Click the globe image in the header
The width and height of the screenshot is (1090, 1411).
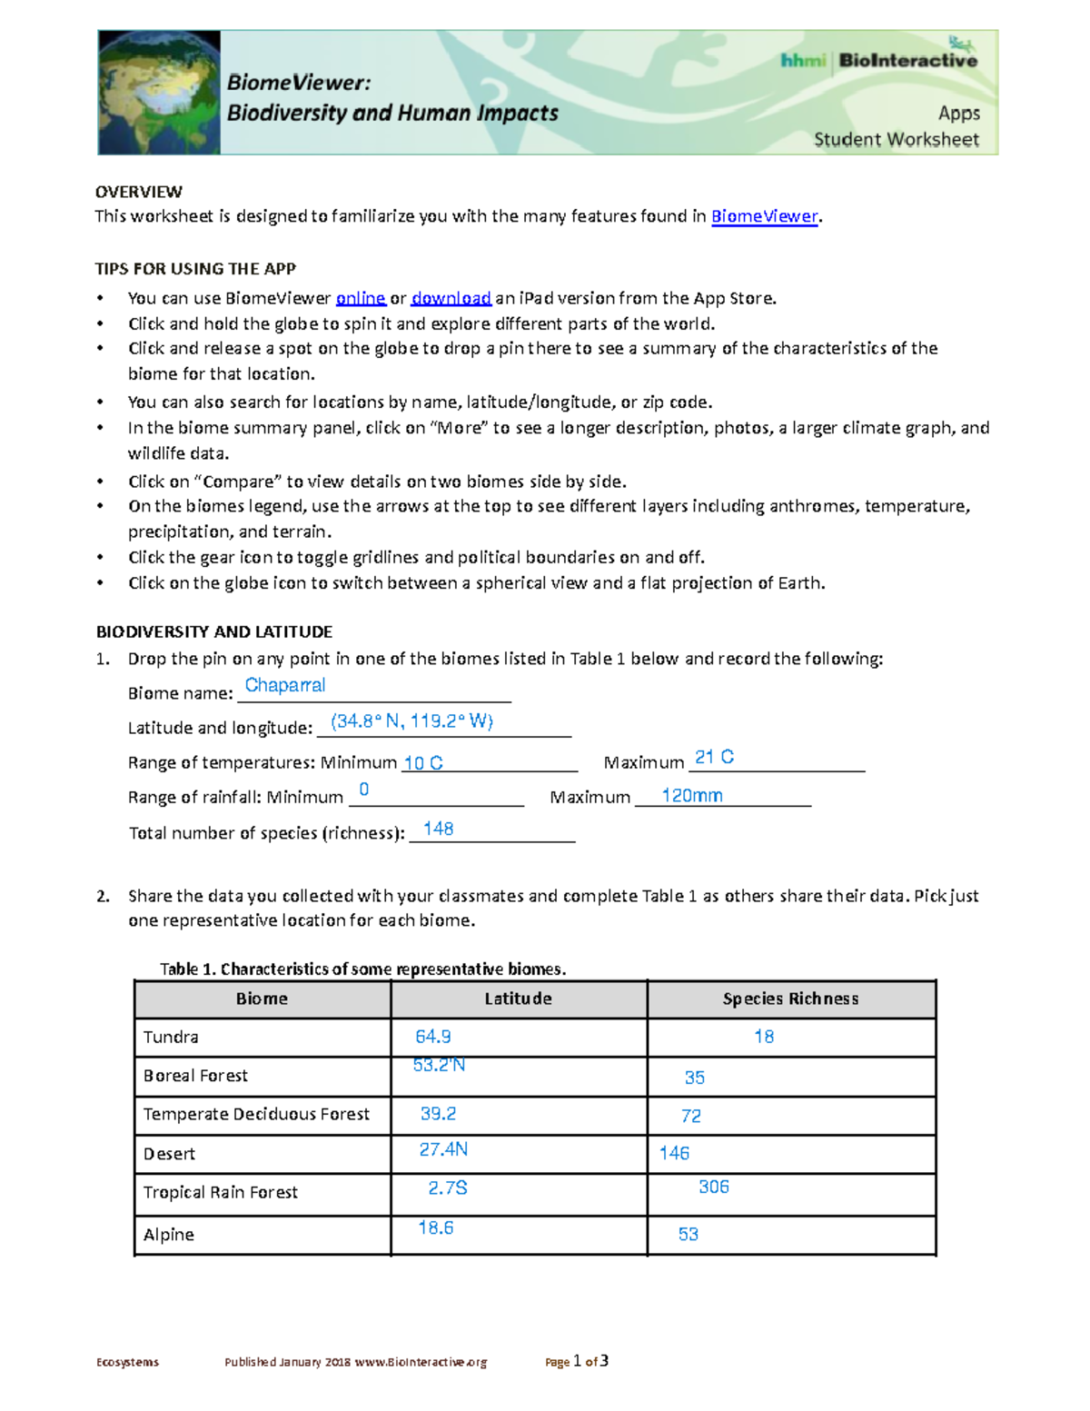[x=160, y=93]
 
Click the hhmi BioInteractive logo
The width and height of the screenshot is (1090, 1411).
[x=878, y=60]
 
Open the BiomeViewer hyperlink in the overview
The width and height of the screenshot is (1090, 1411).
[x=764, y=216]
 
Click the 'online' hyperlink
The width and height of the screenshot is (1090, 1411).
[x=361, y=298]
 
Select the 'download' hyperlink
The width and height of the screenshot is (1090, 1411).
[x=451, y=298]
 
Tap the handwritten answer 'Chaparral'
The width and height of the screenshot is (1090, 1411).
[x=285, y=685]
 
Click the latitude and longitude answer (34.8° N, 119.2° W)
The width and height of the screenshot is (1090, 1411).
[x=411, y=721]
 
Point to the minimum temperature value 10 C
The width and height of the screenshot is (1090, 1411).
[x=422, y=763]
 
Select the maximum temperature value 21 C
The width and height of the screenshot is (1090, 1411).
[x=714, y=757]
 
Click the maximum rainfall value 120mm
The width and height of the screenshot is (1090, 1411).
[x=691, y=796]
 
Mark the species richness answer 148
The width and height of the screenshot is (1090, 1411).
[x=438, y=829]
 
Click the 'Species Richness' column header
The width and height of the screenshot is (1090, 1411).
[x=790, y=999]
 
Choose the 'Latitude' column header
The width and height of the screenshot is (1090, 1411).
[x=518, y=999]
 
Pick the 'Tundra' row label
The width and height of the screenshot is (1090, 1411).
[x=171, y=1037]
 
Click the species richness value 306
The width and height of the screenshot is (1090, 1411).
[x=713, y=1187]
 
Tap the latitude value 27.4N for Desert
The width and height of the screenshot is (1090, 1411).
[x=443, y=1149]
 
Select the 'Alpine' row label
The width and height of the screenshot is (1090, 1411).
[x=169, y=1235]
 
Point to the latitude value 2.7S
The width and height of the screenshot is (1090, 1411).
[x=447, y=1188]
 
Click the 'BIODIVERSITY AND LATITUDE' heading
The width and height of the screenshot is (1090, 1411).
[x=214, y=631]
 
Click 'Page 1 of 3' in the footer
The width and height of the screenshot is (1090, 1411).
[x=577, y=1361]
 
